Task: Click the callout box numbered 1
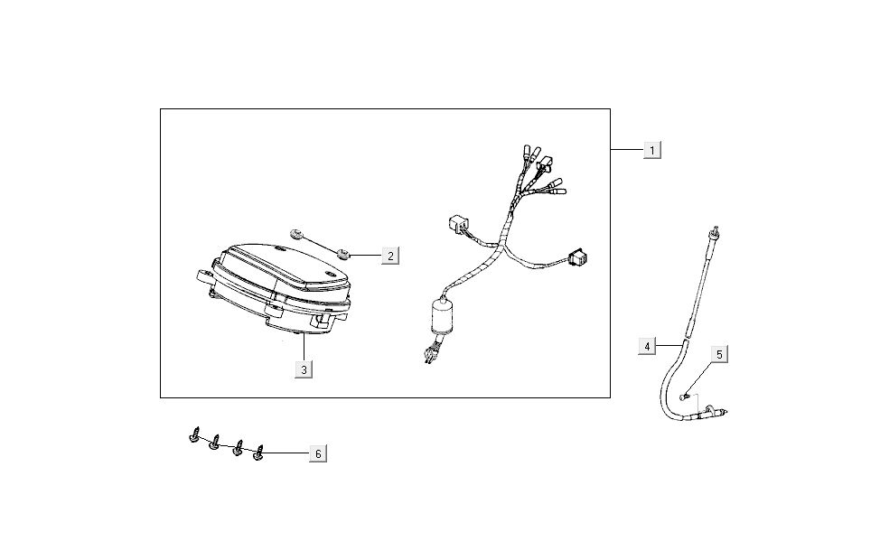tap(652, 150)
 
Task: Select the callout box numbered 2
tap(390, 256)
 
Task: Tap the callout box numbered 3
tap(304, 369)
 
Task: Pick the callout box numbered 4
tap(647, 346)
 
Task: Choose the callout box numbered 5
tap(719, 354)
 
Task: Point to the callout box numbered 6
tap(318, 453)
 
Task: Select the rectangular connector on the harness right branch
tap(577, 257)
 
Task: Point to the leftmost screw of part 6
tap(194, 435)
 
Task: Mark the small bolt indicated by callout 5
tap(684, 397)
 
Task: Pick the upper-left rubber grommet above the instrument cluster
tap(295, 233)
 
